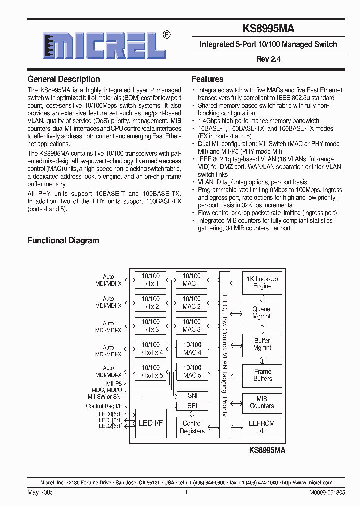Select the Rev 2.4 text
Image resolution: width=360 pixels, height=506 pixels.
click(268, 59)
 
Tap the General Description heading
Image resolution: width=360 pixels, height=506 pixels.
click(64, 79)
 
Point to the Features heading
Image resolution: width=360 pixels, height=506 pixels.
click(208, 79)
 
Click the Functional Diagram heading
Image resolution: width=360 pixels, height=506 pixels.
click(63, 240)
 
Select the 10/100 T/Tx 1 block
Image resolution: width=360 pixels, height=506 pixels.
click(150, 280)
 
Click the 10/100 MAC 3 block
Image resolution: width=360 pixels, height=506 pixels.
click(191, 326)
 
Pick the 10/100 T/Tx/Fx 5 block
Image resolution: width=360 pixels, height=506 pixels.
click(150, 372)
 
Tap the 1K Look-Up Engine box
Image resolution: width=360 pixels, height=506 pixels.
click(262, 283)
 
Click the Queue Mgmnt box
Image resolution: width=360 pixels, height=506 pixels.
click(262, 313)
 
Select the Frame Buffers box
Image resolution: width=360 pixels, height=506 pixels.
click(262, 375)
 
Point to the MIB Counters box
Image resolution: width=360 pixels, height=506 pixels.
click(262, 403)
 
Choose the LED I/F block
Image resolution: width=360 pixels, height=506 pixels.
click(150, 423)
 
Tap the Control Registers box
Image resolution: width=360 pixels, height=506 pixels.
click(192, 427)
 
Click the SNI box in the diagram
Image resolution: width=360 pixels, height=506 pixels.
click(192, 395)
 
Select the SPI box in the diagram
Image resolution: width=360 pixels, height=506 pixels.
click(192, 406)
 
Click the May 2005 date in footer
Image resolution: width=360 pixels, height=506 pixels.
click(40, 492)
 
